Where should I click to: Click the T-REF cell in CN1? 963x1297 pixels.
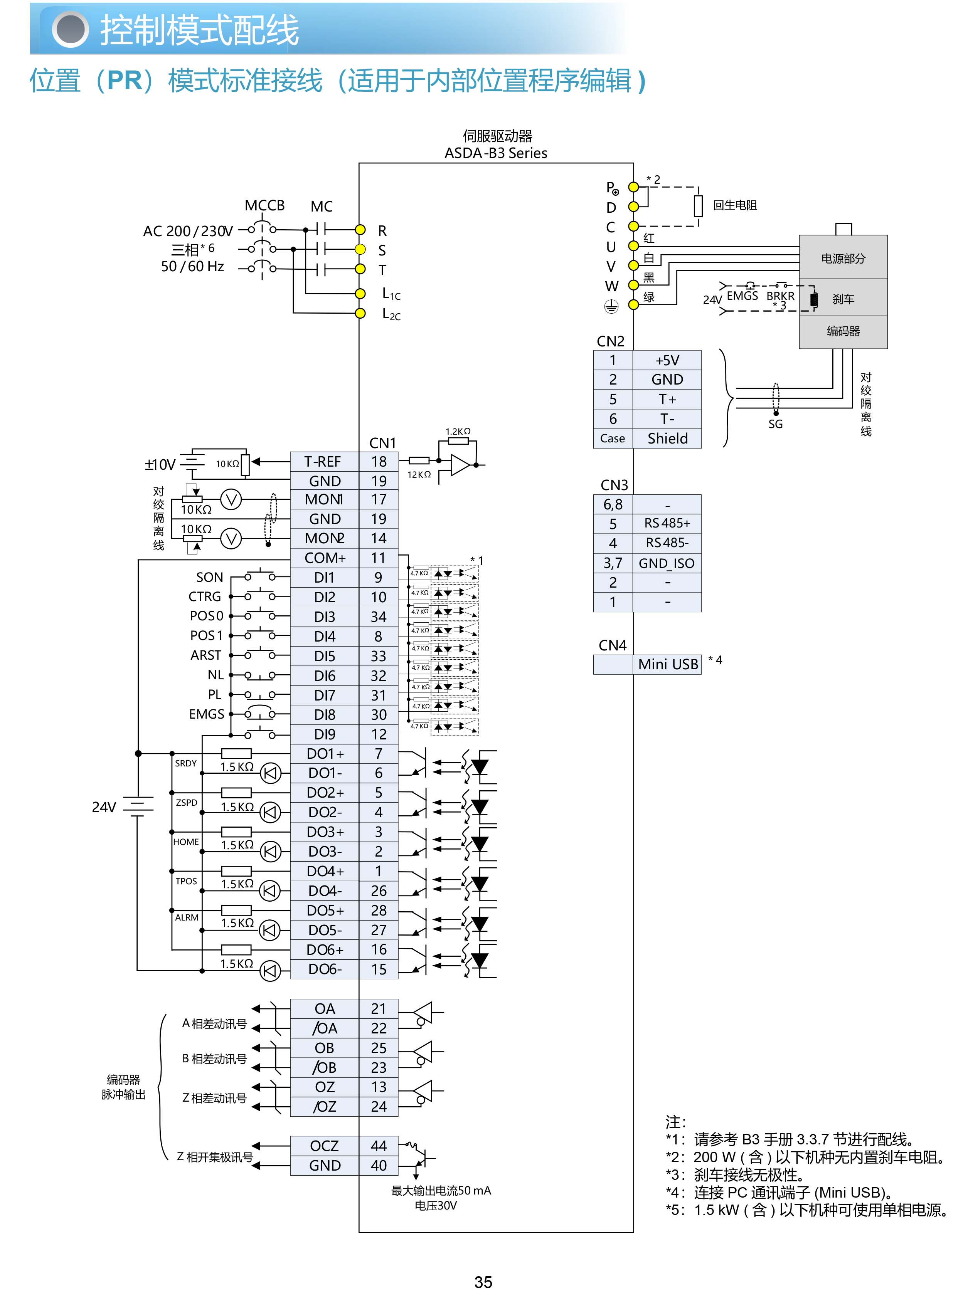pos(324,462)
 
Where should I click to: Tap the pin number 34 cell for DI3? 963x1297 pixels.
pos(378,617)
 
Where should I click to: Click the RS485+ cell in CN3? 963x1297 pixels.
pos(667,523)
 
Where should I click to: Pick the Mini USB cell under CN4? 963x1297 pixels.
pos(667,664)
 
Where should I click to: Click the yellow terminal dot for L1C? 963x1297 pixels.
pos(360,293)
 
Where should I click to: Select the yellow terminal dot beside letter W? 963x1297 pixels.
pos(633,286)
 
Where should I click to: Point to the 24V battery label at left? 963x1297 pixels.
pos(104,807)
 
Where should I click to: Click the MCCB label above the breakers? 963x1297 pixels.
pos(264,206)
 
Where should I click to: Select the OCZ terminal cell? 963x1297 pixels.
pos(324,1146)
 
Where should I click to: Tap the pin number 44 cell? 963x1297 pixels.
pos(378,1146)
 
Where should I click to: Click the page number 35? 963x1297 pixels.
pos(483,1282)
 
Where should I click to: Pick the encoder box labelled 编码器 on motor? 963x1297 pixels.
pos(843,331)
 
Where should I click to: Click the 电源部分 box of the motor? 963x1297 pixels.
pos(843,258)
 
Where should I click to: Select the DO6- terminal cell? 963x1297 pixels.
pos(324,969)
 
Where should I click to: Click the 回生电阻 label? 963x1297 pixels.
pos(734,205)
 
